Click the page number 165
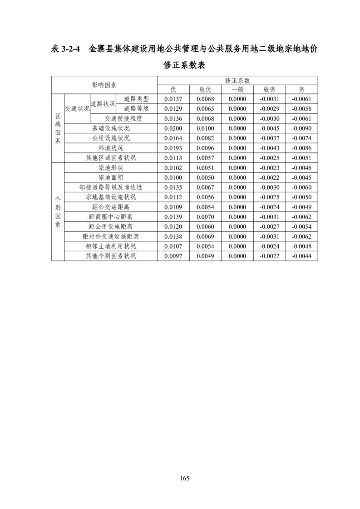click(184, 478)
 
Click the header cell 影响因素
click(104, 85)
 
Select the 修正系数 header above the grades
click(237, 80)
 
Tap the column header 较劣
click(270, 89)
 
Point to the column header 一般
click(237, 89)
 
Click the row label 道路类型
click(137, 99)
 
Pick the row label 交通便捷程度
click(123, 119)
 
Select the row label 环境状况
click(111, 148)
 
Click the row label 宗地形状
click(111, 167)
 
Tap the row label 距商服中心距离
click(111, 217)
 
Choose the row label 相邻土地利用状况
click(111, 246)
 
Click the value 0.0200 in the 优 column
click(173, 128)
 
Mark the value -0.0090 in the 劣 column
click(301, 128)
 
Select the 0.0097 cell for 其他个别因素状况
click(173, 256)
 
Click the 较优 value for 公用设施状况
click(205, 138)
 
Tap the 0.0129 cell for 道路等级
click(173, 109)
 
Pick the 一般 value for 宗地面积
click(237, 177)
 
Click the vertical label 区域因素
click(58, 128)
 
